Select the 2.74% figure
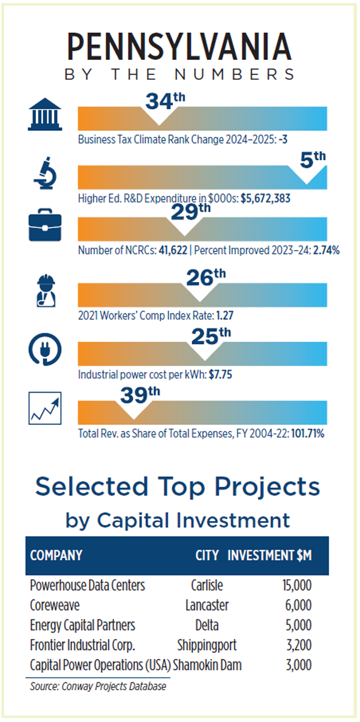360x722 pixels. tap(326, 251)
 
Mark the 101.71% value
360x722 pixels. tap(307, 433)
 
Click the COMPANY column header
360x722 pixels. tap(56, 555)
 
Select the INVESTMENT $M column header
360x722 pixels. tap(269, 555)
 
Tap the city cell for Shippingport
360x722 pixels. tap(207, 645)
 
